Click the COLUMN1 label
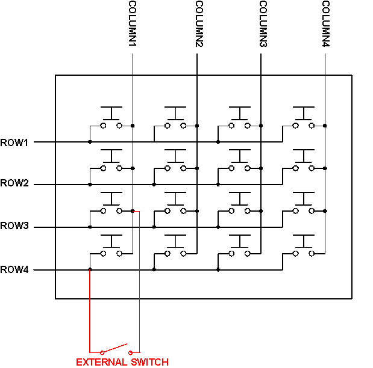(133, 25)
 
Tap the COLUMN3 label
(263, 25)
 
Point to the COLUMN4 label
(325, 25)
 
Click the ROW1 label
(14, 143)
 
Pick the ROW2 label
(14, 183)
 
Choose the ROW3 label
(14, 227)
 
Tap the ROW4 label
(14, 270)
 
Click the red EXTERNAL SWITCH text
(122, 361)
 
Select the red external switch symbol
(115, 349)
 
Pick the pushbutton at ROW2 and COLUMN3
(240, 162)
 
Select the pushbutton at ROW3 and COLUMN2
(175, 204)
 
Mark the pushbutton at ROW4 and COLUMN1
(111, 247)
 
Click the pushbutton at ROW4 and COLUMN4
(304, 247)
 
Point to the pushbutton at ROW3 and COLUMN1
(111, 204)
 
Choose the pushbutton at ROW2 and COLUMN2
(175, 162)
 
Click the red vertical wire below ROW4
(90, 313)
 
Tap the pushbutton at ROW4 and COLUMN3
(240, 247)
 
